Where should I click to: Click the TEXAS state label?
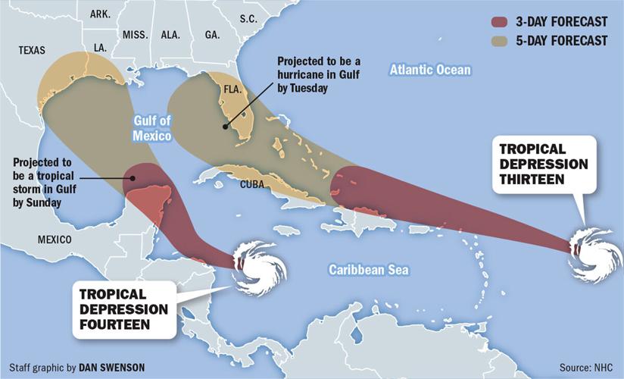32,51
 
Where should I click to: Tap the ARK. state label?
100,14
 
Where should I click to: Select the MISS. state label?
135,35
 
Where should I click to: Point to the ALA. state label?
171,35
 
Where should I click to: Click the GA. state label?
212,35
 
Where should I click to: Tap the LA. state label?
100,47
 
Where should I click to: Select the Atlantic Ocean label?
430,70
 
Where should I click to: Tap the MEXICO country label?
55,240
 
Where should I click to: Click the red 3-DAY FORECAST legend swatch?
499,22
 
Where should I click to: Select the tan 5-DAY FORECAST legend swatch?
499,40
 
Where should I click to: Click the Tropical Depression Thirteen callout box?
543,162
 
